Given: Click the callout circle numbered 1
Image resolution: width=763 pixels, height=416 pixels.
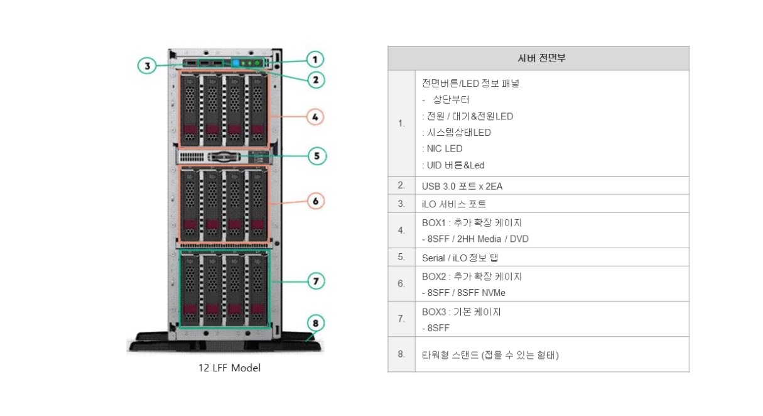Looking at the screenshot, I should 315,60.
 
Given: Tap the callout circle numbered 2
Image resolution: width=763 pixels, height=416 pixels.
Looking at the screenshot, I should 315,79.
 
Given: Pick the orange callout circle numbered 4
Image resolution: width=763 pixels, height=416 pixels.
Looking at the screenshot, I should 315,116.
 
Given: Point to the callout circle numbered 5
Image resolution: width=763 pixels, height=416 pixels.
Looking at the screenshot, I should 317,156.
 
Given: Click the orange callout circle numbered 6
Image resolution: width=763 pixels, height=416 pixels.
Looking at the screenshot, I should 315,201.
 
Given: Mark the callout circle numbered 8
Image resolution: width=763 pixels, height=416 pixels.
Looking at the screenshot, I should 316,324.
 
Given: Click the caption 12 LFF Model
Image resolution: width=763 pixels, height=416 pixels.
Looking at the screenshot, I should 229,368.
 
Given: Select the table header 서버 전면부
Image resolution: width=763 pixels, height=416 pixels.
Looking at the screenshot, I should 538,58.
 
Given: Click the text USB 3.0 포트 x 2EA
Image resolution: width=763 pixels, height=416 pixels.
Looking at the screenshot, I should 462,186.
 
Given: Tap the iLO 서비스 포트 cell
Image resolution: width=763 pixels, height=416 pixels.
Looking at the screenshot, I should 454,204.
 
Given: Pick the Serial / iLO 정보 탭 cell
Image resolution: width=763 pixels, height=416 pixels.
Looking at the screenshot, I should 460,258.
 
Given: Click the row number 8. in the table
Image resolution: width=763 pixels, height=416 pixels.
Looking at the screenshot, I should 401,354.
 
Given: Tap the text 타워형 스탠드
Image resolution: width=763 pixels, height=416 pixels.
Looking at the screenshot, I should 451,355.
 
